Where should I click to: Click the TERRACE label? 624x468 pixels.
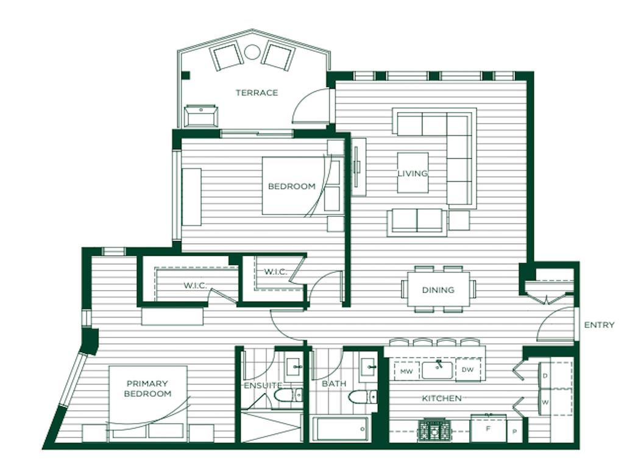click(257, 93)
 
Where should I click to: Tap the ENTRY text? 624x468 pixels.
click(599, 325)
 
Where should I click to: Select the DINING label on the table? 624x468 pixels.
click(438, 290)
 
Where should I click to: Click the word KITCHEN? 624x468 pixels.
click(442, 399)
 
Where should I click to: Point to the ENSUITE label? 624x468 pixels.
click(263, 385)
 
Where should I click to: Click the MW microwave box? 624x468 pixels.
click(406, 371)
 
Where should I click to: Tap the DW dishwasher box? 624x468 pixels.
click(468, 370)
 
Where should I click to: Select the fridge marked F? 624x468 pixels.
click(488, 429)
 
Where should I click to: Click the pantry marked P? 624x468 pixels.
click(514, 431)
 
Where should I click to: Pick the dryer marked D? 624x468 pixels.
click(545, 375)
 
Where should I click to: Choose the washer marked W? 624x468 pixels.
click(545, 402)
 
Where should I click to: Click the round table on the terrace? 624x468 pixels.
click(252, 52)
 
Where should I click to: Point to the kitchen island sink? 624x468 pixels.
click(437, 370)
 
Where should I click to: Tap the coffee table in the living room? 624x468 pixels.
click(413, 172)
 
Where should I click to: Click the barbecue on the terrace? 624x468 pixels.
click(201, 116)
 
